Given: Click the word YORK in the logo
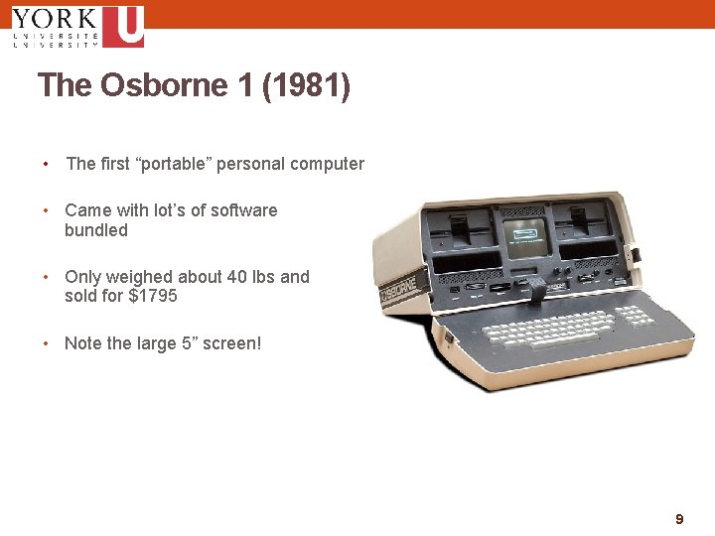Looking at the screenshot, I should (x=55, y=18).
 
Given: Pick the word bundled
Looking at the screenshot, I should (x=96, y=230).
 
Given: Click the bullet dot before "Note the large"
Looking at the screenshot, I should (x=46, y=343).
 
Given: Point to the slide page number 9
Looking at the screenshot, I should (x=679, y=519).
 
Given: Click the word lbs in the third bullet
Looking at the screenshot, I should (x=265, y=277).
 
